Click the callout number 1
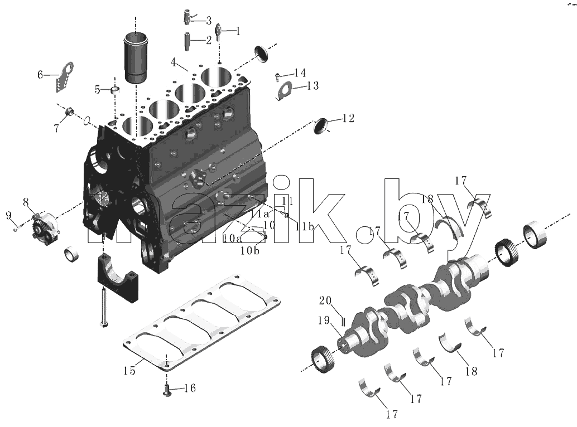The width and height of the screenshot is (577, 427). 238,31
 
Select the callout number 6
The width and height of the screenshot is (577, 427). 41,75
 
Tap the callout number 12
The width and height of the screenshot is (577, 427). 348,118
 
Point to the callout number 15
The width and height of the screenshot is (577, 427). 129,370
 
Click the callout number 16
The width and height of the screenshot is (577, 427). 190,388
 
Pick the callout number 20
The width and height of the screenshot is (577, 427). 325,300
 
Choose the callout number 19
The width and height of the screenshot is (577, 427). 324,321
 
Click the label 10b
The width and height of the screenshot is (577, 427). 250,251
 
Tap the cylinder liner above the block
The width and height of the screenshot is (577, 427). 135,57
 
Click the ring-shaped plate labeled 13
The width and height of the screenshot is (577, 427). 283,91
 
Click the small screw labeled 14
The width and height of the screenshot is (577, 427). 277,77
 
